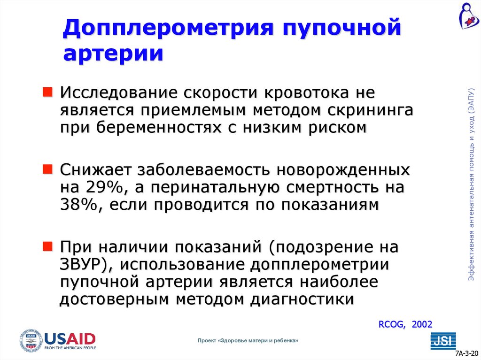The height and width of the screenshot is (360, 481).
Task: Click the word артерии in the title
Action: pyautogui.click(x=113, y=53)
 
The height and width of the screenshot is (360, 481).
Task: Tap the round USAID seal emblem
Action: pyautogui.click(x=31, y=340)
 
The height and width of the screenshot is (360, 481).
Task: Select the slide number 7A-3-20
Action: pyautogui.click(x=467, y=353)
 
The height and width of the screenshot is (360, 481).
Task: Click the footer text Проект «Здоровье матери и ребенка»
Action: pyautogui.click(x=248, y=340)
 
